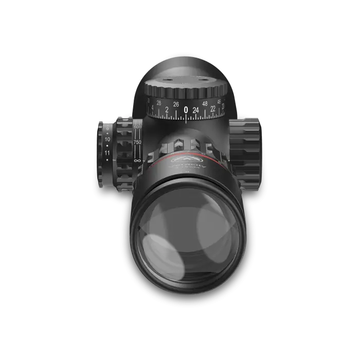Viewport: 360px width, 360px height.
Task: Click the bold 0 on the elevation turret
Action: point(186,110)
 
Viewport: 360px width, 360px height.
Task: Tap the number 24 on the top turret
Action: point(195,110)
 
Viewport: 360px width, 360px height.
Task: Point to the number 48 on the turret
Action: point(205,103)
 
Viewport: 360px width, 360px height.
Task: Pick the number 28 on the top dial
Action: point(158,103)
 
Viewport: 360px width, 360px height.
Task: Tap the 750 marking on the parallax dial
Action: point(137,141)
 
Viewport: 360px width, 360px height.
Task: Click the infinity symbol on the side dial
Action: point(137,161)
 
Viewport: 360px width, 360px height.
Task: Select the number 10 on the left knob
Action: point(107,139)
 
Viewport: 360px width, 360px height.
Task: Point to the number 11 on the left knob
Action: point(107,153)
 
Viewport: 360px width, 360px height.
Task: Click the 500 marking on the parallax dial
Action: point(137,126)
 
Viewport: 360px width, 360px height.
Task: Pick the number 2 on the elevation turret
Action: point(167,110)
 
